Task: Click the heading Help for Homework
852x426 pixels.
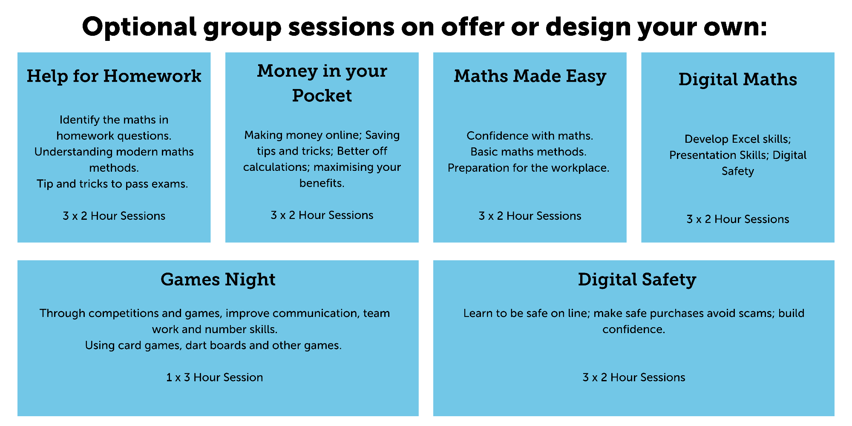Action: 114,76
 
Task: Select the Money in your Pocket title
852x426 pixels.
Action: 322,83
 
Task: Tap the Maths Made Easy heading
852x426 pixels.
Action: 530,76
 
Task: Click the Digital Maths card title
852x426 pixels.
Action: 737,80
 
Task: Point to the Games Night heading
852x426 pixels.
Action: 218,280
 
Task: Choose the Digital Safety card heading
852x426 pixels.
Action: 637,280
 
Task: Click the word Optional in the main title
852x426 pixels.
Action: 139,26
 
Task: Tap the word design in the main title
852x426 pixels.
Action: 588,26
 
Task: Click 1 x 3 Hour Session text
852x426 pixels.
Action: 214,377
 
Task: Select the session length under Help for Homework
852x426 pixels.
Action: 114,216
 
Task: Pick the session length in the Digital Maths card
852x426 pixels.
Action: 737,219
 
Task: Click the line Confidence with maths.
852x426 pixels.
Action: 530,136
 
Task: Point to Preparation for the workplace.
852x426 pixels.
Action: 528,168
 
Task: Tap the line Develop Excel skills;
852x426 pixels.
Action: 737,139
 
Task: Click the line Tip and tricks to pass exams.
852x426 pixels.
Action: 112,184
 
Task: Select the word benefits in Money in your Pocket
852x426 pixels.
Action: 321,183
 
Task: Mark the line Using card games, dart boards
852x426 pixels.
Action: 213,345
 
